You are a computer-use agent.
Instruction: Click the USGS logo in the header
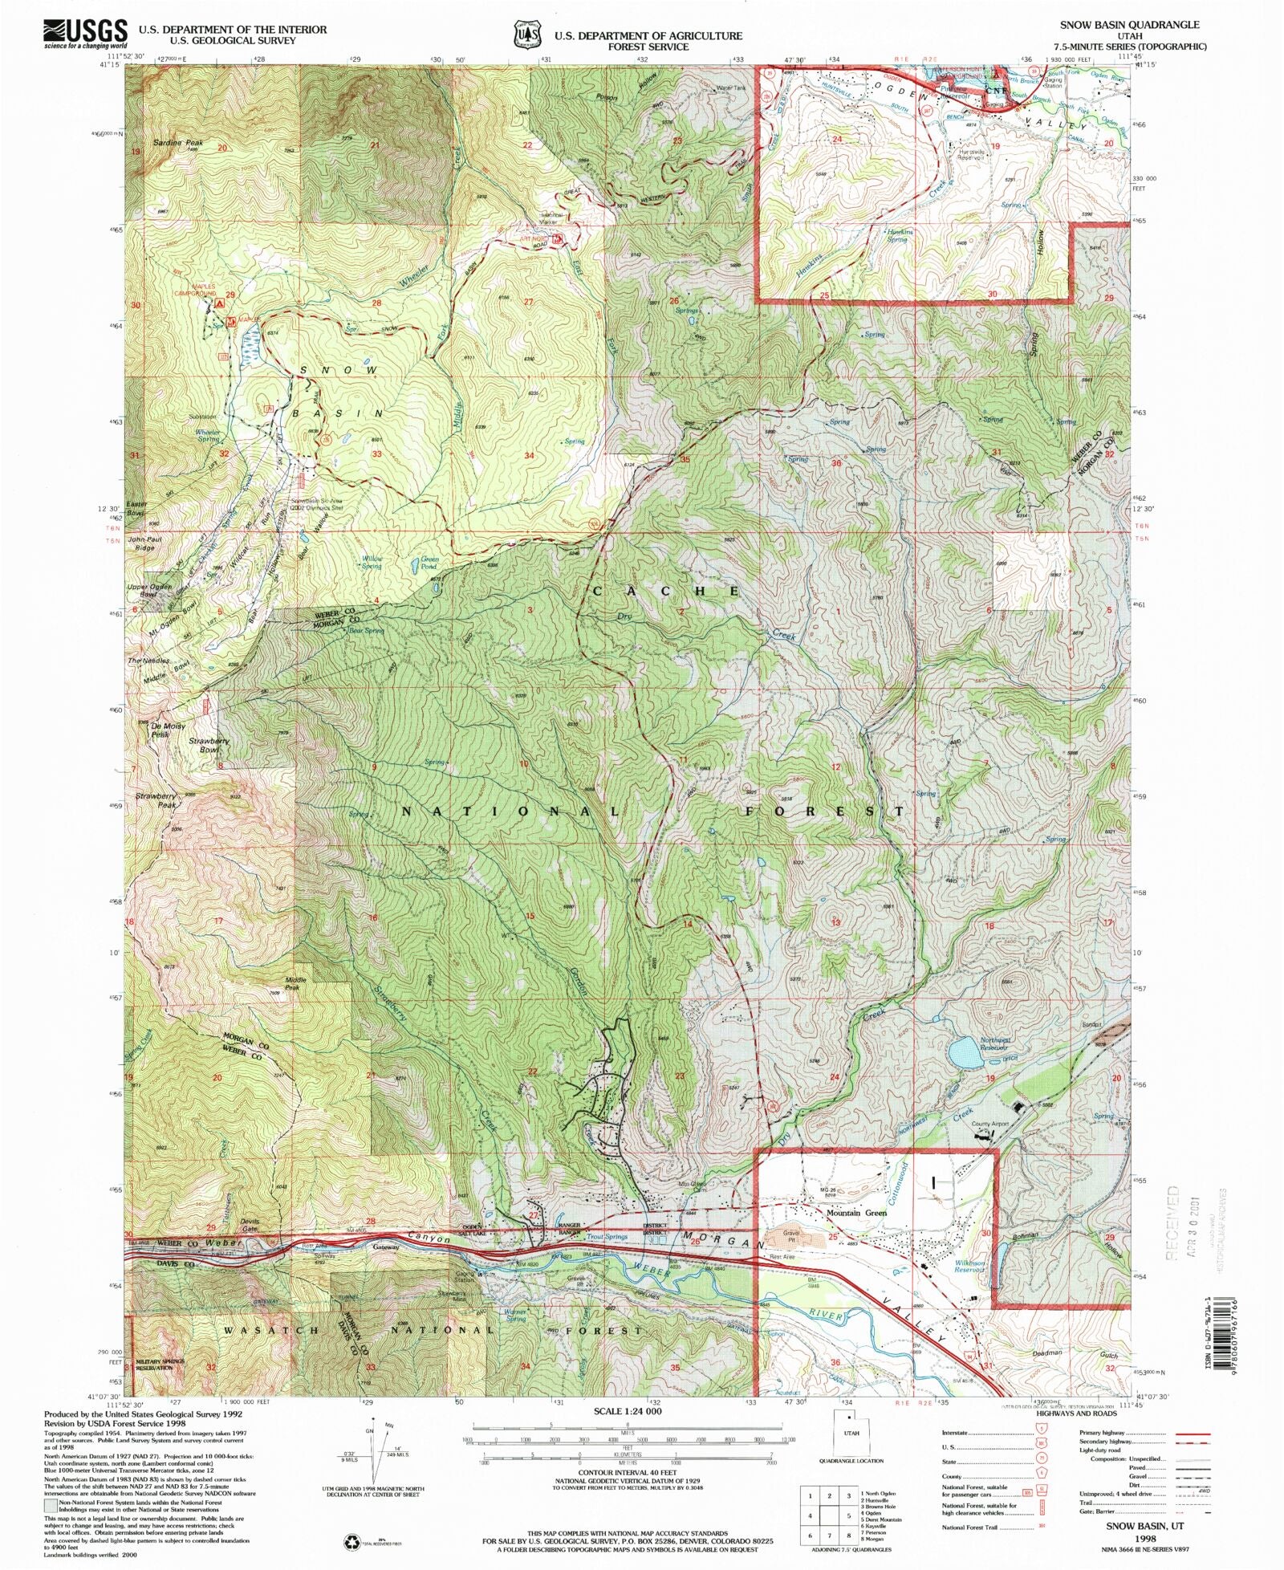tap(85, 33)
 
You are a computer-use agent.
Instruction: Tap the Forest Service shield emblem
tap(526, 35)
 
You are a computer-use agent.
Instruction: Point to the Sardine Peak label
tap(178, 143)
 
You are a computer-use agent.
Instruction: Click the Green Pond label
tap(430, 563)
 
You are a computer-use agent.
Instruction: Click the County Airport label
tap(989, 1125)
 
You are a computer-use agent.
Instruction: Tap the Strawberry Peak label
tap(155, 800)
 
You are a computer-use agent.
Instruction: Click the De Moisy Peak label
tap(168, 730)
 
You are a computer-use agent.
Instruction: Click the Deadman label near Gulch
tap(1048, 1352)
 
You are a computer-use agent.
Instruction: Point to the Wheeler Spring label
tap(208, 436)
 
